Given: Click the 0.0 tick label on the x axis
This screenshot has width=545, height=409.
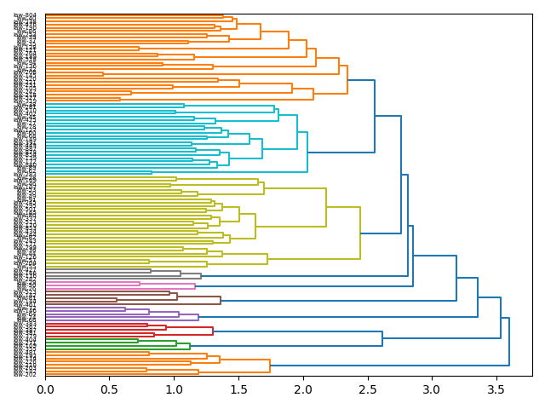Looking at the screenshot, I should (x=45, y=389).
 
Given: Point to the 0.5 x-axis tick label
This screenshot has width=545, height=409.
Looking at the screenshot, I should (x=110, y=389).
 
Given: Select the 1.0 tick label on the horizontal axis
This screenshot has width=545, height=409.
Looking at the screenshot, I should (x=175, y=389).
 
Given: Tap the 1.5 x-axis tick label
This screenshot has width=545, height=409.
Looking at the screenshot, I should (x=239, y=389).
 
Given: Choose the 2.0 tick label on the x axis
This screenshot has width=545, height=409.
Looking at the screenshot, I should (x=303, y=389).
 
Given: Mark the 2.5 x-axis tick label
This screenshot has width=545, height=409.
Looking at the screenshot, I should (x=368, y=389).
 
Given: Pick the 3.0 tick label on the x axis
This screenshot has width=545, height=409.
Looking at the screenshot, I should (x=433, y=389).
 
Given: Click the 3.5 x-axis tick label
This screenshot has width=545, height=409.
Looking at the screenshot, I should (x=497, y=389).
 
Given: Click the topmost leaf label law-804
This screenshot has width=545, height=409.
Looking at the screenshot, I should (x=25, y=15).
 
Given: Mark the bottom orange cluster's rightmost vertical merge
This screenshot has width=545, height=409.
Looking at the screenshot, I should (x=270, y=366).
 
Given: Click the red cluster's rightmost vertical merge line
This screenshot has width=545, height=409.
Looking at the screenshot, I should (x=213, y=331).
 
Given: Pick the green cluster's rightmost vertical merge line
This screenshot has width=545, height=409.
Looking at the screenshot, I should (x=190, y=345).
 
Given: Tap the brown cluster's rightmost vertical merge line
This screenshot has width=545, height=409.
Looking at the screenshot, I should (x=221, y=300).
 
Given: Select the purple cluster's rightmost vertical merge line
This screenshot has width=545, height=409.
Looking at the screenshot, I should (x=198, y=317).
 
